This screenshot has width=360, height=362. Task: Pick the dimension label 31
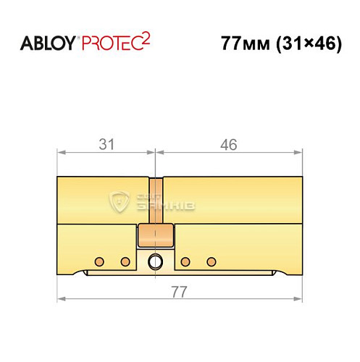[106, 144]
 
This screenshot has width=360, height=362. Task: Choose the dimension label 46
[229, 144]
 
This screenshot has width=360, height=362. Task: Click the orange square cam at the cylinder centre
[155, 236]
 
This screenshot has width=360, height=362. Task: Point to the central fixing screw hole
[155, 261]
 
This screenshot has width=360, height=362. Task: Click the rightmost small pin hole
[211, 261]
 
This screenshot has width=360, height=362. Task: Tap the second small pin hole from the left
[125, 261]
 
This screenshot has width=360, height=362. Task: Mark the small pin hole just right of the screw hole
[185, 261]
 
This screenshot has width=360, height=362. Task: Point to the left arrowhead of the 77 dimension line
[61, 298]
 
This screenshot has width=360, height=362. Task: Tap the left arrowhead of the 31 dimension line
[61, 153]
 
